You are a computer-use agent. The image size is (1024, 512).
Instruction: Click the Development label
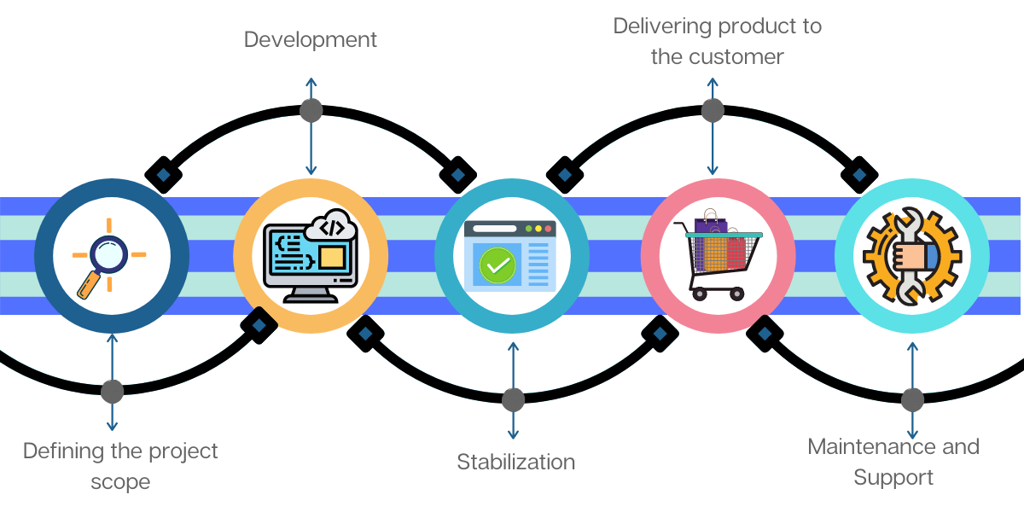[311, 39]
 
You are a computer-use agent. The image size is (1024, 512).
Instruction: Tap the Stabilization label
[515, 463]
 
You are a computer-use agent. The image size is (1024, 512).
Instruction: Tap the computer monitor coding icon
[309, 256]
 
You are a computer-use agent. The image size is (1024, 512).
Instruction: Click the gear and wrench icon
[911, 255]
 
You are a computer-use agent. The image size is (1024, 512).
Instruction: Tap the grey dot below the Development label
[311, 110]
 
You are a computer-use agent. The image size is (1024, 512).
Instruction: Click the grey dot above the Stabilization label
[513, 399]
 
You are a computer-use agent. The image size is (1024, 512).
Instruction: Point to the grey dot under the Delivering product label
[713, 110]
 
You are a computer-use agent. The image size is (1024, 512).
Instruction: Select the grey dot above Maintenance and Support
[912, 399]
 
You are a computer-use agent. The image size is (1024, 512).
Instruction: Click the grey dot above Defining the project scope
[112, 392]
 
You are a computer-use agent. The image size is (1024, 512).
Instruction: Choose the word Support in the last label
[893, 477]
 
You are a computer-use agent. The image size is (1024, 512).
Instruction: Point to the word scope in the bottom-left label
[120, 482]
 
